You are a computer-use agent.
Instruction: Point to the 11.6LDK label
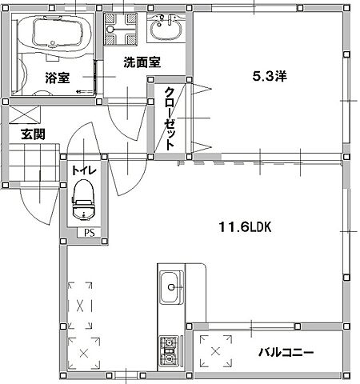[246, 227]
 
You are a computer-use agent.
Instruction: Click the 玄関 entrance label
[33, 133]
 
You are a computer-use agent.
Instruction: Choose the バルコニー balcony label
[286, 352]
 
